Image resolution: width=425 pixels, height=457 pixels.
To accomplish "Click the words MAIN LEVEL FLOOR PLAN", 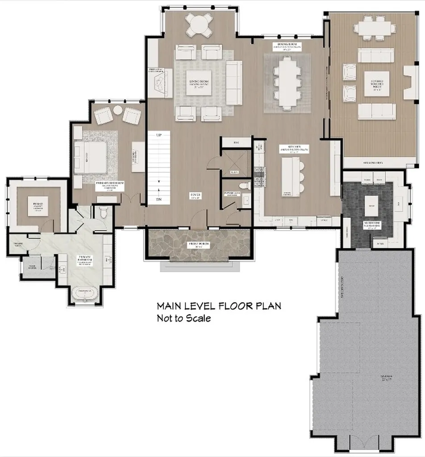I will (x=218, y=306).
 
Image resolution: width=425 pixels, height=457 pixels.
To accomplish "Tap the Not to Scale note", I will (x=183, y=318).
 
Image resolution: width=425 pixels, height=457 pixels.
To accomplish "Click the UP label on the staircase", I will (x=158, y=134).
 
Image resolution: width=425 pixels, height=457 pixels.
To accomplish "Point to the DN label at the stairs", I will (x=158, y=199).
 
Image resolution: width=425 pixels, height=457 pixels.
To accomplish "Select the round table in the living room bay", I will (x=199, y=25).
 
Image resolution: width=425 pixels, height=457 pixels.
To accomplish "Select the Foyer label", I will (x=196, y=195).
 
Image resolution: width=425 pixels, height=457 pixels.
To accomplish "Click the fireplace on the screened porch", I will (x=410, y=83).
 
